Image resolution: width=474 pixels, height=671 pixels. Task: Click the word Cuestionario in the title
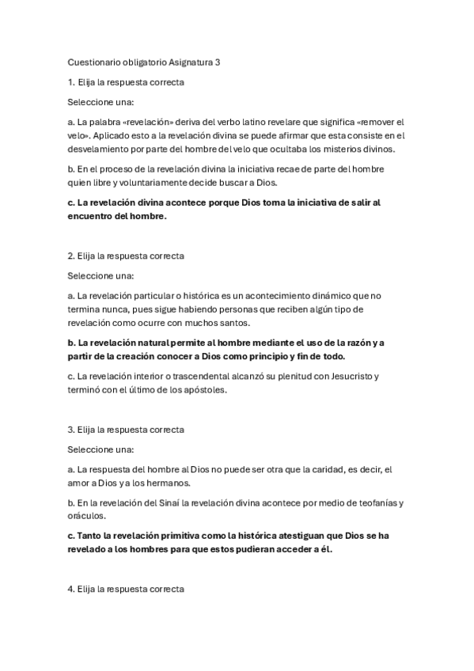pos(93,62)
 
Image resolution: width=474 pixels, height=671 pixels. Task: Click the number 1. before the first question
pos(71,82)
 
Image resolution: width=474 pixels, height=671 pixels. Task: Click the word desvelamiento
pos(102,149)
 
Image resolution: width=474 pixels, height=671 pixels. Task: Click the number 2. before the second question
pos(71,256)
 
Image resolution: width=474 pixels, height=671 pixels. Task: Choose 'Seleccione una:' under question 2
pos(101,275)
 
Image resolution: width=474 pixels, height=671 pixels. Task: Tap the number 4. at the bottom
pos(71,589)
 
